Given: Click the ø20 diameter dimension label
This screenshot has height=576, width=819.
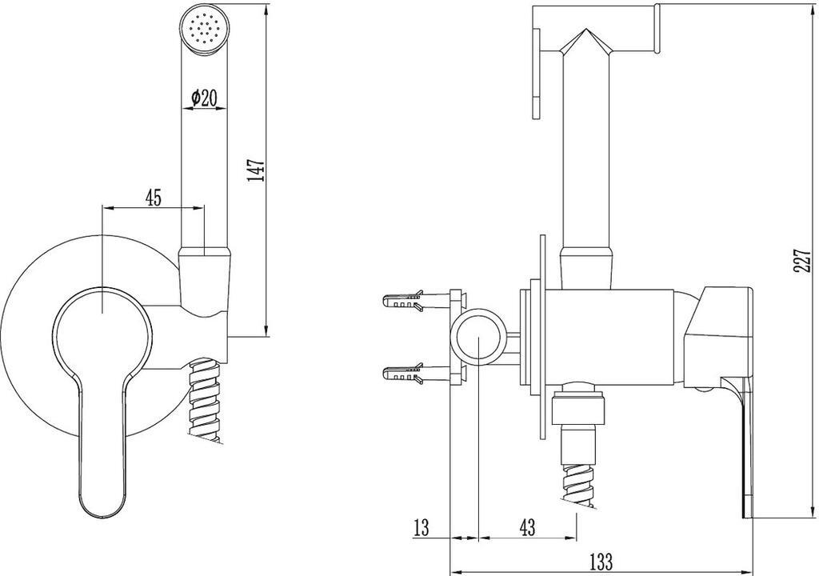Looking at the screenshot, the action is pos(204,98).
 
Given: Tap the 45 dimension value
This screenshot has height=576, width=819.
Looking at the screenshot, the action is pos(153,198).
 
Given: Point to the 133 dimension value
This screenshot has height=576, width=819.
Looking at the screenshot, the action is pos(601,562).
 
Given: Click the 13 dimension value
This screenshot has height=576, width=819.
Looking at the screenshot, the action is pos(421,527).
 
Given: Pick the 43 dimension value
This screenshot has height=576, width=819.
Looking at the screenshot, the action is pos(528,527).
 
